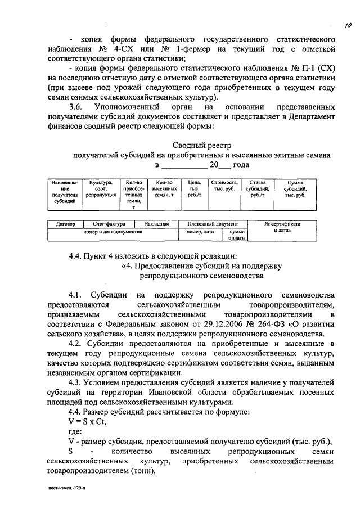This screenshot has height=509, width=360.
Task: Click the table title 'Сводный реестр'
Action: [x=202, y=145]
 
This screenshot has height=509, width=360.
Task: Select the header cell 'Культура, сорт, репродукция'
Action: [x=101, y=188]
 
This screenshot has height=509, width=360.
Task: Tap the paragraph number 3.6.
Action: [x=76, y=107]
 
